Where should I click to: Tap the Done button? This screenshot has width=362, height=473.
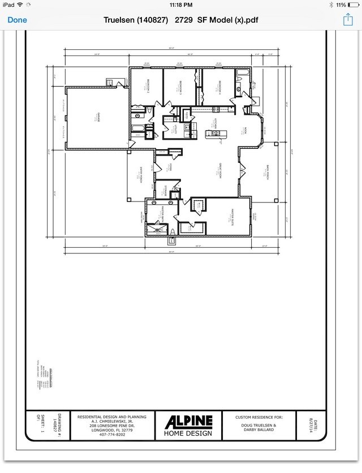click(x=17, y=20)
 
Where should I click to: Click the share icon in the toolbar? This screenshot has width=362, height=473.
click(x=348, y=20)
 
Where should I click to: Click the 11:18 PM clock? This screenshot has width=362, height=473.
click(x=180, y=5)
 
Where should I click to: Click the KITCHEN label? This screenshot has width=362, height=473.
click(x=214, y=123)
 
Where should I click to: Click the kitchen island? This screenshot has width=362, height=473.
click(x=214, y=134)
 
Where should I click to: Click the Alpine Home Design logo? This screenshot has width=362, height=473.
click(x=188, y=425)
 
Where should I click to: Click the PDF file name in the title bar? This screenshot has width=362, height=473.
click(x=182, y=20)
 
